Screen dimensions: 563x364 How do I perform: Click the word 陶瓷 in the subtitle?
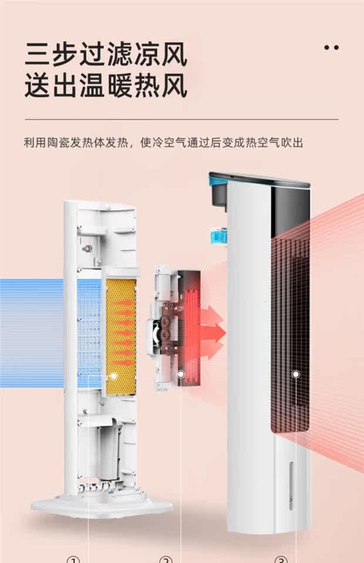[x=62, y=143]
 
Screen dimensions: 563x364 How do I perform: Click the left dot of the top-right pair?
[x=327, y=47]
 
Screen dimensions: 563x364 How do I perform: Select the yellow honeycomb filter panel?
[x=120, y=329]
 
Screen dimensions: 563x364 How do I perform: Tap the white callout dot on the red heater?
[x=181, y=374]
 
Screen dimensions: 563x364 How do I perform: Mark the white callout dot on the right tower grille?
[x=296, y=374]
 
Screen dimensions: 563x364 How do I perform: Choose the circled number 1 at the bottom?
[x=73, y=559]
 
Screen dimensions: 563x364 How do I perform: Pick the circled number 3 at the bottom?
[x=281, y=559]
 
